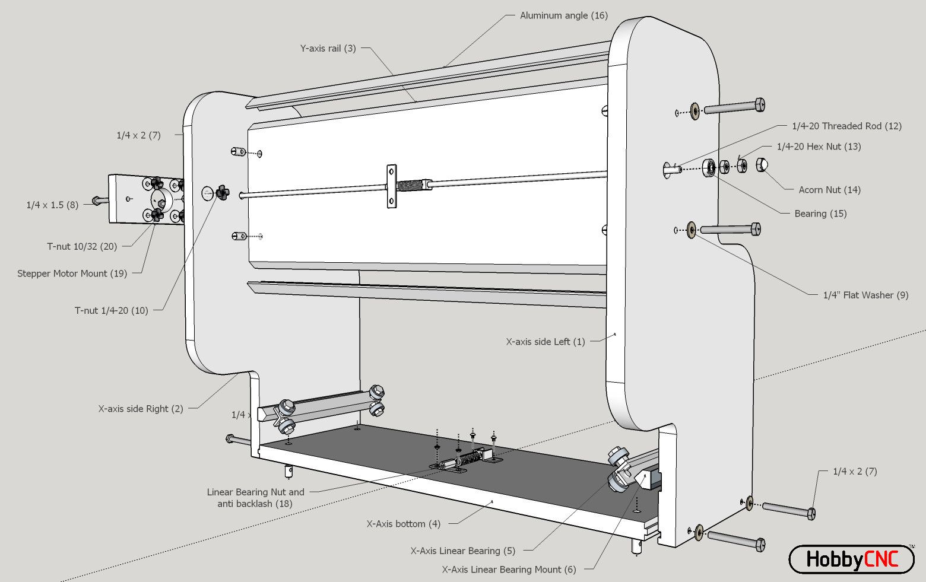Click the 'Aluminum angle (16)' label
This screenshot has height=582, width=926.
563,15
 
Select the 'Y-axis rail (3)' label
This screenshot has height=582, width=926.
328,48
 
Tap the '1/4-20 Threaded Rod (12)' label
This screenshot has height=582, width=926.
846,126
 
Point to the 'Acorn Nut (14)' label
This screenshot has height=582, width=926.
829,190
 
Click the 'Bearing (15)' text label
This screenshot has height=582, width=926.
820,214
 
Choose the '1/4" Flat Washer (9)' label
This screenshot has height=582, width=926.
865,295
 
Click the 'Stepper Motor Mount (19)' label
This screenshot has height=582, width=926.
72,273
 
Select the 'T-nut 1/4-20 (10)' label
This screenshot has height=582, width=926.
111,310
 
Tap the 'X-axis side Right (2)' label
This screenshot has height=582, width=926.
140,409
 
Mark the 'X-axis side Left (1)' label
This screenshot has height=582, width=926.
545,342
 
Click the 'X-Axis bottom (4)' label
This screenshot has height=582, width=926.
403,524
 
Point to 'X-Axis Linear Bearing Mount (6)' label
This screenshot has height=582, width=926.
508,570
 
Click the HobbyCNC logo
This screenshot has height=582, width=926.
851,559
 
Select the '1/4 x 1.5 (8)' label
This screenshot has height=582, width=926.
52,205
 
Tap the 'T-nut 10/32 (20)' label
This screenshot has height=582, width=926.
82,246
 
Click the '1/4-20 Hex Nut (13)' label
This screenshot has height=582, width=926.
819,147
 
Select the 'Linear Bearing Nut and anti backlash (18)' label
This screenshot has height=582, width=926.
255,498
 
